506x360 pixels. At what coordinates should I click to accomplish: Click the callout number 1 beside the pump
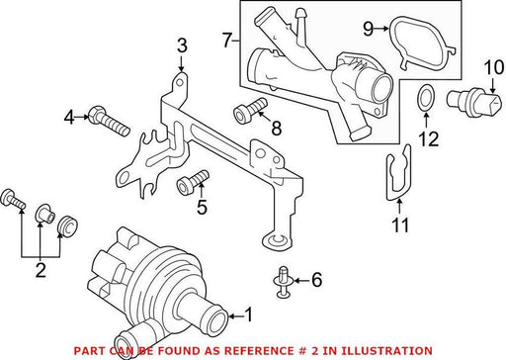(x=248, y=315)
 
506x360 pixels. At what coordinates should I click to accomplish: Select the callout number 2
(x=41, y=270)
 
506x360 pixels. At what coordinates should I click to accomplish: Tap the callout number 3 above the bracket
(x=182, y=45)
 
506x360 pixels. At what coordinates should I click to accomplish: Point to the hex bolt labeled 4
(x=109, y=121)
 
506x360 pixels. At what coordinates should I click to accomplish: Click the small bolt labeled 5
(x=193, y=182)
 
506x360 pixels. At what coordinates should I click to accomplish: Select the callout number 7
(x=227, y=41)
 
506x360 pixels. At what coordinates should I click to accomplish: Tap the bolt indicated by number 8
(x=250, y=110)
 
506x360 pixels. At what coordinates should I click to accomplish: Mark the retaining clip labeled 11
(x=398, y=172)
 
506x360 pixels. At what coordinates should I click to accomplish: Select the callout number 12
(x=428, y=138)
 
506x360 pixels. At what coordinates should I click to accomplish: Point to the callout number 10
(x=494, y=67)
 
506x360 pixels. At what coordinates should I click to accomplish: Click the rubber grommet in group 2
(x=67, y=226)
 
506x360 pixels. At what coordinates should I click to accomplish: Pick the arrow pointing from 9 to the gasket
(x=381, y=29)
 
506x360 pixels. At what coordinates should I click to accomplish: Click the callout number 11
(x=400, y=225)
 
